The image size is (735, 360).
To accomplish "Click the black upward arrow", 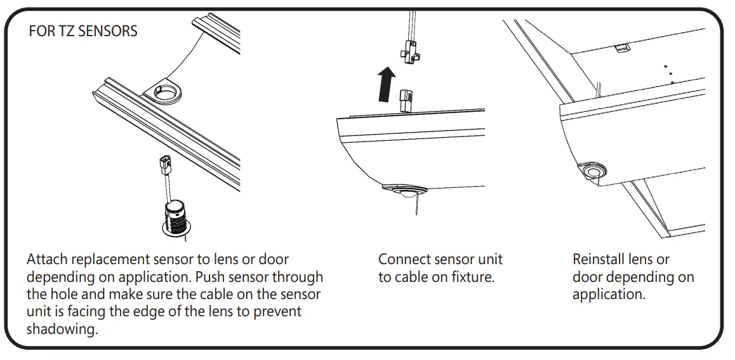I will [x=385, y=86].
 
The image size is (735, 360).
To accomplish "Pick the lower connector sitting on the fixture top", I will [x=406, y=100].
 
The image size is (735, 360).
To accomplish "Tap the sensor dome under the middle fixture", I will [x=402, y=192].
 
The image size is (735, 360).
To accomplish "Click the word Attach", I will [x=48, y=260].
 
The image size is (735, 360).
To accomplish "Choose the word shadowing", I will [x=62, y=330].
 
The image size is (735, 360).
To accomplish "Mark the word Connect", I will [x=404, y=260].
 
